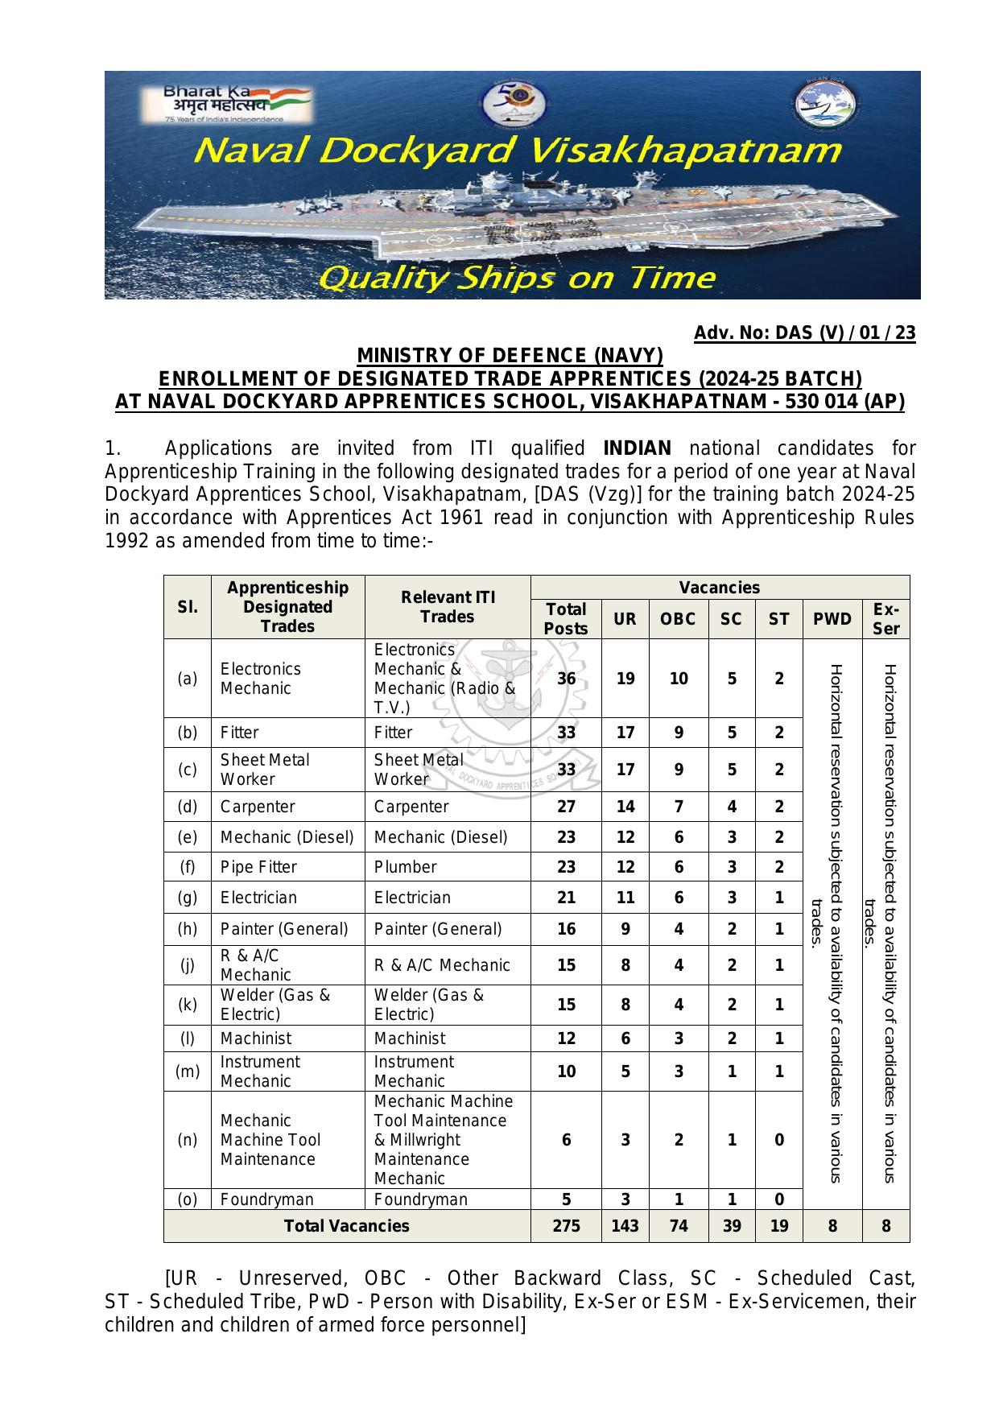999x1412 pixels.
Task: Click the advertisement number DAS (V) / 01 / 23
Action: (804, 333)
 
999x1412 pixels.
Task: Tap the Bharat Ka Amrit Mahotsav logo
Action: (225, 104)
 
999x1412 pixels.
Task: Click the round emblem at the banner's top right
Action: (825, 106)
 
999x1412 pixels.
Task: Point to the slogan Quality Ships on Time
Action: (516, 279)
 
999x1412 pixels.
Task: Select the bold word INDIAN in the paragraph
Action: (637, 448)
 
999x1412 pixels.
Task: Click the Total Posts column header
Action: (566, 619)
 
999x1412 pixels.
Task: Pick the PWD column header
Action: (832, 619)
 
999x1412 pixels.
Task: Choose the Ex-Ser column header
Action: (885, 619)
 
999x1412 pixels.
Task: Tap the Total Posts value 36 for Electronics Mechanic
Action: (566, 679)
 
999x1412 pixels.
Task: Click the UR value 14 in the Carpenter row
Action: (625, 807)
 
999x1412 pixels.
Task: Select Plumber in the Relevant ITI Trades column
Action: (405, 867)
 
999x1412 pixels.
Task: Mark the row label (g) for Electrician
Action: (187, 898)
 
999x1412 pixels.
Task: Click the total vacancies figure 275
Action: (566, 1226)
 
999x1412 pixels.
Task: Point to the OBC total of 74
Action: (678, 1226)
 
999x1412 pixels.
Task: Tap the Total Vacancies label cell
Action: (346, 1226)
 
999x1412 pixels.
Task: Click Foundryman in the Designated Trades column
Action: (266, 1199)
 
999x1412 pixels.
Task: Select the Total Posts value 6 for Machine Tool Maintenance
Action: (566, 1140)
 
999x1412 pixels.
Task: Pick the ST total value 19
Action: (778, 1226)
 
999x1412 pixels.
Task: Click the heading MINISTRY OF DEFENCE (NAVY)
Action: (510, 356)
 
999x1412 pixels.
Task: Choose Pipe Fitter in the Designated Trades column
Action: (258, 867)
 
